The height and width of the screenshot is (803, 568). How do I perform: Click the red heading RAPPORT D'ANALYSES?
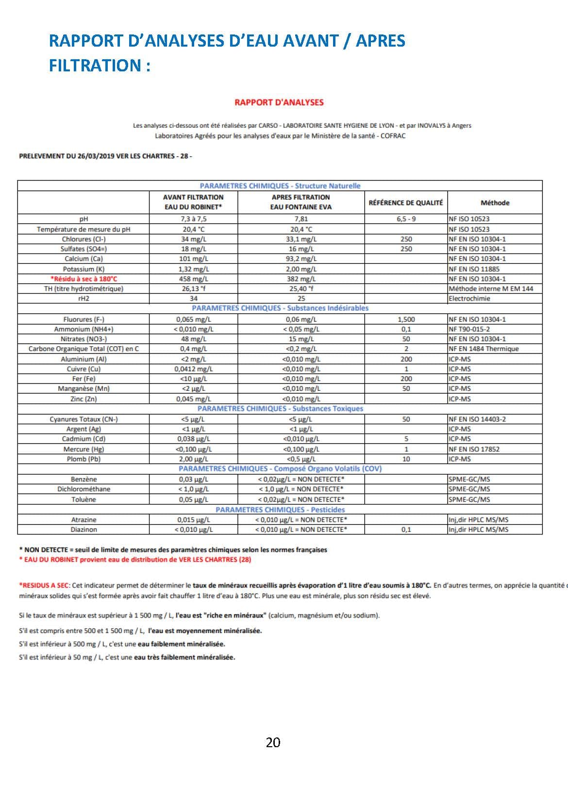pos(279,102)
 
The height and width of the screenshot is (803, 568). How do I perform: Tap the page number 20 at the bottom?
pos(273,742)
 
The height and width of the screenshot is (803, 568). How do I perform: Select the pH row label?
pos(84,219)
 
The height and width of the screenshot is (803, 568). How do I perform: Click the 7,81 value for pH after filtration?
pos(301,219)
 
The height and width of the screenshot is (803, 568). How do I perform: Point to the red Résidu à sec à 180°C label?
pos(84,279)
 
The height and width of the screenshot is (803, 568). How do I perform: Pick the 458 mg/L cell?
pos(193,279)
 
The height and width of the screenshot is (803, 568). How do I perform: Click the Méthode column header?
pos(495,203)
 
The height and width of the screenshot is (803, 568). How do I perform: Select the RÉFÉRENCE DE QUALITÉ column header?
pos(405,203)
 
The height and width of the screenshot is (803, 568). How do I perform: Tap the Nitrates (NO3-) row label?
pos(84,339)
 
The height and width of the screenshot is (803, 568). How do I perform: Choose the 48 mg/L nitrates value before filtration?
pos(193,339)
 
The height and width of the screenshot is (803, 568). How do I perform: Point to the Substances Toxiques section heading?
pos(280,408)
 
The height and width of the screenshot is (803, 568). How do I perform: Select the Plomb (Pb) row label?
pos(84,459)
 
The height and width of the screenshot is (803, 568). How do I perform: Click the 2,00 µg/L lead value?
pos(193,459)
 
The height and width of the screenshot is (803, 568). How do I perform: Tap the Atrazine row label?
pos(84,519)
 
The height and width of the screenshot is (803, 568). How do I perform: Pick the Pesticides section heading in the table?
pos(280,510)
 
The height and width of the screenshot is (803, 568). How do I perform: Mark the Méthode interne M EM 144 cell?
pos(490,288)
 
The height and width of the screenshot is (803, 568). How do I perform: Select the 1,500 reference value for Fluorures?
pos(406,319)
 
